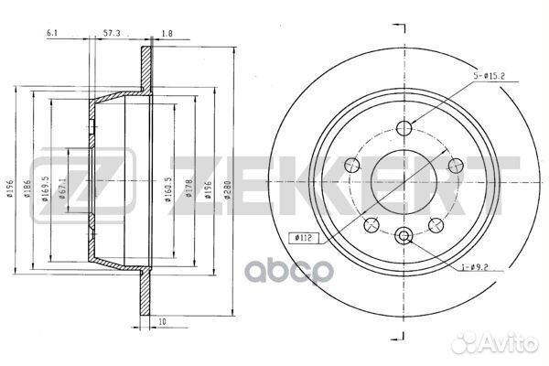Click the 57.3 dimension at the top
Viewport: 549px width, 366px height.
pyautogui.click(x=112, y=33)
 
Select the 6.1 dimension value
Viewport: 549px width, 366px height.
pyautogui.click(x=52, y=33)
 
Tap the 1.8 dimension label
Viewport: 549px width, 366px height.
pyautogui.click(x=167, y=34)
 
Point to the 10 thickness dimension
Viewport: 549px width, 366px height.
pyautogui.click(x=162, y=322)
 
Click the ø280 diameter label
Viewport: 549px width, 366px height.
pyautogui.click(x=227, y=190)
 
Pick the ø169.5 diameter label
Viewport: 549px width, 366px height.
pyautogui.click(x=45, y=188)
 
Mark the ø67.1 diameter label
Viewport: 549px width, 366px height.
pyautogui.click(x=62, y=188)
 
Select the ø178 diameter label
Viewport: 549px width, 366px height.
pyautogui.click(x=188, y=188)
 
